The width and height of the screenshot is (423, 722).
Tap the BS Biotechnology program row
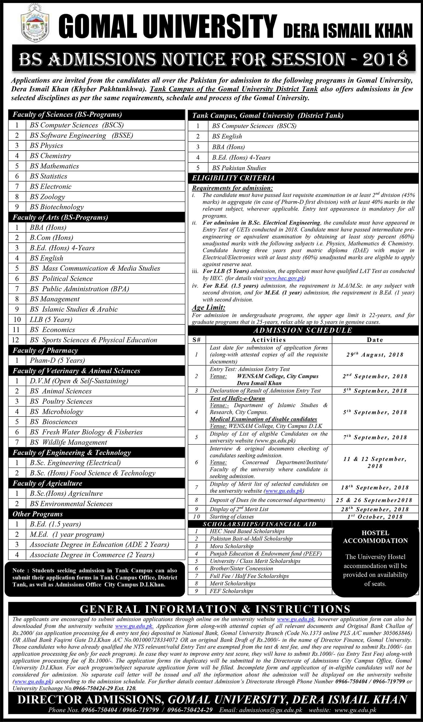click(57, 207)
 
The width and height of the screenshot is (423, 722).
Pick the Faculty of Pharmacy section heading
click(45, 350)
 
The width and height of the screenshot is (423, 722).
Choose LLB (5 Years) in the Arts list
click(51, 320)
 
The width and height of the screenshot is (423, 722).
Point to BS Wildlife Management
click(68, 442)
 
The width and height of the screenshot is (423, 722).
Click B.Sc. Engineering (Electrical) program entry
click(75, 463)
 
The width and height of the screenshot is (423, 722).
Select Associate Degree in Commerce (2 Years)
click(92, 555)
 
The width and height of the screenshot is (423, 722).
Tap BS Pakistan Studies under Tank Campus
click(239, 168)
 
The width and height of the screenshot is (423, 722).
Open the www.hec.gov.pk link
click(284, 278)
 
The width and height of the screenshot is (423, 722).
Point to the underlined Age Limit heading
click(208, 308)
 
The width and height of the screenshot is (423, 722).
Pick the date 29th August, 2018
click(375, 355)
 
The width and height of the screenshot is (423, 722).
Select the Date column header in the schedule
click(375, 340)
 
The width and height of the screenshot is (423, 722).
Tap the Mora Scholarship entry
click(231, 546)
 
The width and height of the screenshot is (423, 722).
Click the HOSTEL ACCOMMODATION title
click(375, 537)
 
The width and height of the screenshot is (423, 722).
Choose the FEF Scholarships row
click(231, 591)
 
